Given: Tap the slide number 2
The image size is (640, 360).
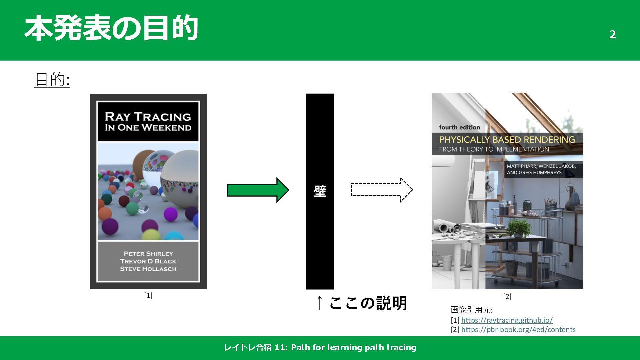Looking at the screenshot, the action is point(612,34).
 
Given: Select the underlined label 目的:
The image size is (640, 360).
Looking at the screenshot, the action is point(52,80).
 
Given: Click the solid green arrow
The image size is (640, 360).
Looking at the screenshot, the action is point(258,190).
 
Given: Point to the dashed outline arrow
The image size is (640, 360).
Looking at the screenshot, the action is point(381,190).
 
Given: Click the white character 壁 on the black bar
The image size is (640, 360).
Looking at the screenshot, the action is point(320,191).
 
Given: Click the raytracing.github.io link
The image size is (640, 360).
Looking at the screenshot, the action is point(507,320).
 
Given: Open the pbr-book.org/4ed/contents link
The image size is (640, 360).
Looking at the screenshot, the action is point(518,329).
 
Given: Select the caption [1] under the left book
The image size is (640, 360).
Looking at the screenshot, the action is point(148,296).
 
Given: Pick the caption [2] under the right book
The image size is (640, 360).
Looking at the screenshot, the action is point(507,297).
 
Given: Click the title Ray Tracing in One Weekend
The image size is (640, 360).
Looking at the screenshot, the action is point(148,122).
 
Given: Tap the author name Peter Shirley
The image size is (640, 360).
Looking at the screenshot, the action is point(148,254).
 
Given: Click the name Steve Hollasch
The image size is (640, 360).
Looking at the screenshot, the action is point(148,269).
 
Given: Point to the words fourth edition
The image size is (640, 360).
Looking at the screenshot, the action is point(459,127).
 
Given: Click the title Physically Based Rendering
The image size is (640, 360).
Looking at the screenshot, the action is point(507,140).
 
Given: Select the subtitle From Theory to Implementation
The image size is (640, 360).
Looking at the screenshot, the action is point(494,149).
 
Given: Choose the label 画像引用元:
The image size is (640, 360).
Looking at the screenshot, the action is point(471,310).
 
